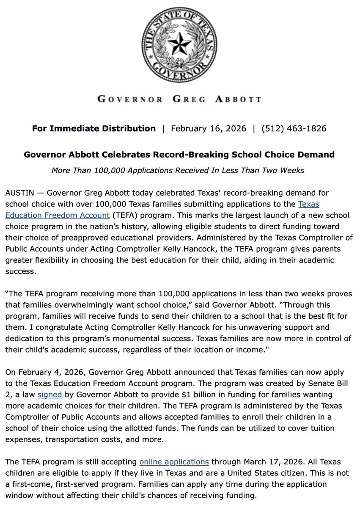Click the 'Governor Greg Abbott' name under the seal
179,99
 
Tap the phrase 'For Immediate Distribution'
94,128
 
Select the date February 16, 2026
209,128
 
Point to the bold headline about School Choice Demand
179,155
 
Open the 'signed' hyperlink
50,395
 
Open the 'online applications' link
174,461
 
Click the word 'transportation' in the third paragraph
78,439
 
